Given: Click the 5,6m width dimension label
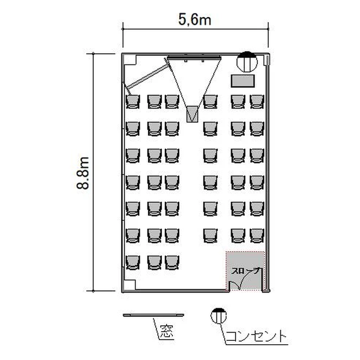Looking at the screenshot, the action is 195,20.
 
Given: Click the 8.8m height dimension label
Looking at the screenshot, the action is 83,173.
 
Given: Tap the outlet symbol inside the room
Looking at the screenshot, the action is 247,61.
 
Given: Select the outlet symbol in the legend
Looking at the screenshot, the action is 218,316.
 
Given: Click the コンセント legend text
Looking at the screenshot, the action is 256,336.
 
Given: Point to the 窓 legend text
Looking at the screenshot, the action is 167,331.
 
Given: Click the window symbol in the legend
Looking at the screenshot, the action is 154,315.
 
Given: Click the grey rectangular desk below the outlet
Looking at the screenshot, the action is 243,81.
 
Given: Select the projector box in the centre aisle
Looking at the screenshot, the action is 192,114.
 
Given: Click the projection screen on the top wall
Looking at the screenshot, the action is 194,58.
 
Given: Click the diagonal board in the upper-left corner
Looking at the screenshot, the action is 148,77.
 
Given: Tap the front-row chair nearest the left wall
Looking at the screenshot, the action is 132,101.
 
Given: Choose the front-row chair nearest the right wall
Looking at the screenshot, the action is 257,101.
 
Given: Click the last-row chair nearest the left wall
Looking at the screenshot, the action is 132,263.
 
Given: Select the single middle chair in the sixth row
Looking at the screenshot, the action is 210,236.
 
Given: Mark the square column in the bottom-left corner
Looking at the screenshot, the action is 130,285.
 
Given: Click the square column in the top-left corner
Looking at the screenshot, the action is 130,60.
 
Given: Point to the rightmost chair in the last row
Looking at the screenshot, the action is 172,263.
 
